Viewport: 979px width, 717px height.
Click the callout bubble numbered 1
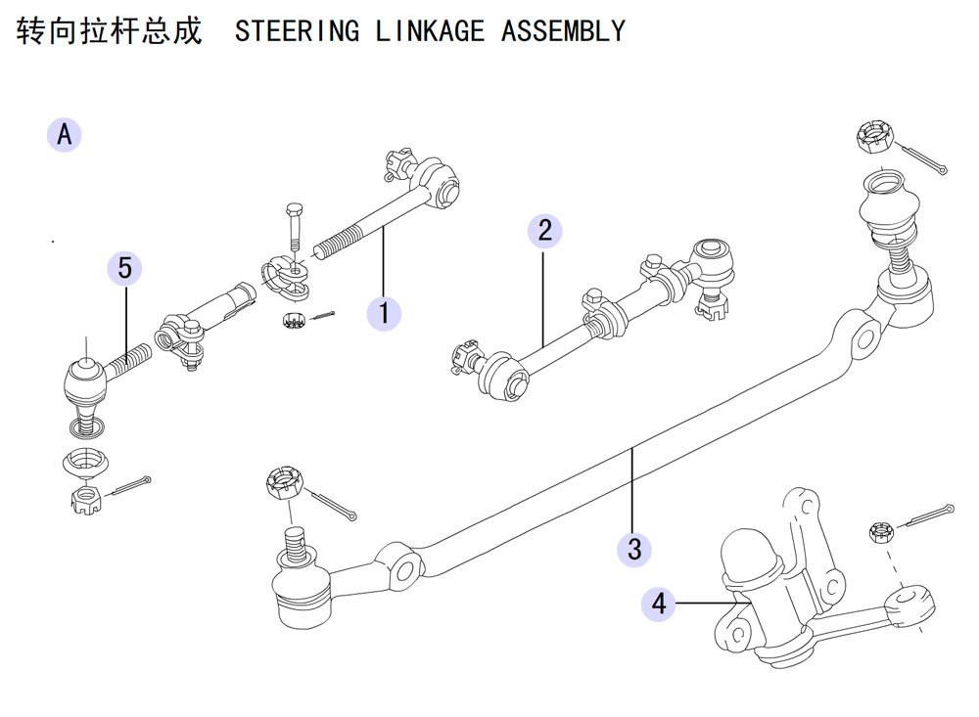384,313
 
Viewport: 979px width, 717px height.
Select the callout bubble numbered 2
544,231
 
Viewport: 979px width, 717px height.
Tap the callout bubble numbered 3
634,549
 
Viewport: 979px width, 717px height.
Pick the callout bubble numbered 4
659,604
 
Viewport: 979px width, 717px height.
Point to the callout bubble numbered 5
125,268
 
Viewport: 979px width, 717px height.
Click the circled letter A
65,134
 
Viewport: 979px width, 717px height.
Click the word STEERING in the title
298,30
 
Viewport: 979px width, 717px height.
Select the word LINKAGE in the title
430,30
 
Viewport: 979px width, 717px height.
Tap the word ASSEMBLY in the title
563,30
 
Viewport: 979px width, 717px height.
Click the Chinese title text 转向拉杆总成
110,30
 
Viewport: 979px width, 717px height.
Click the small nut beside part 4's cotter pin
880,533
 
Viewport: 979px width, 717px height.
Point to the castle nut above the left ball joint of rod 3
285,482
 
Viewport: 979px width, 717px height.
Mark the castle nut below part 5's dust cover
85,500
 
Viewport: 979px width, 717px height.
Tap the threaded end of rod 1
337,243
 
